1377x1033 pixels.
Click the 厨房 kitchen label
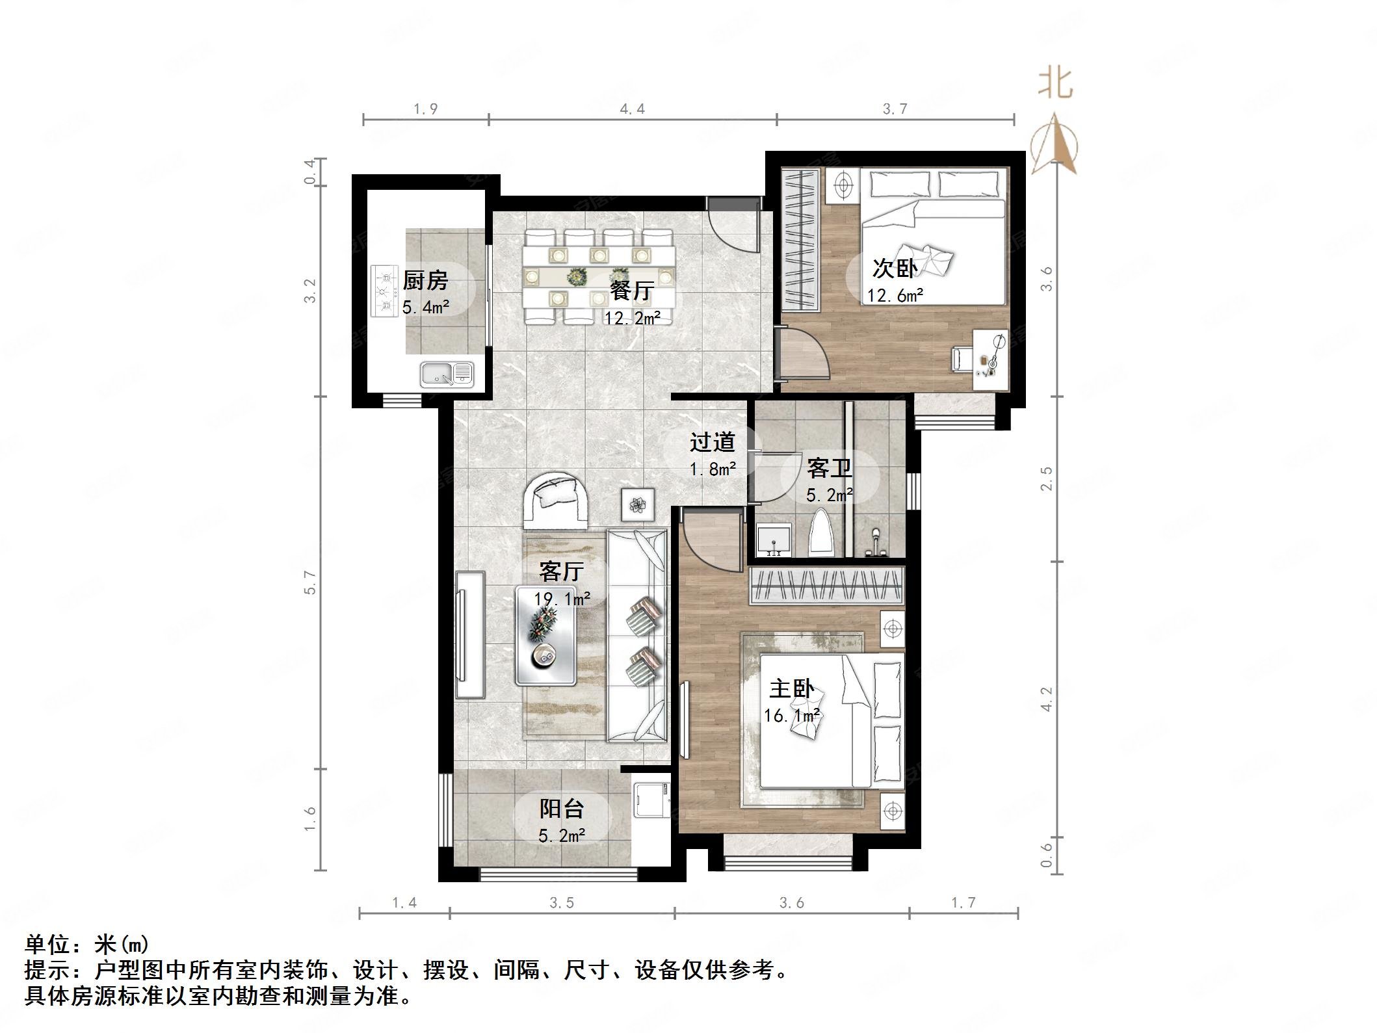tap(425, 281)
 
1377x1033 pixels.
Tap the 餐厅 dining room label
tap(631, 291)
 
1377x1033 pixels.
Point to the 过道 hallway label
tap(712, 443)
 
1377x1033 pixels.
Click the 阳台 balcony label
tap(562, 809)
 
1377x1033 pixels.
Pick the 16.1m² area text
tap(791, 716)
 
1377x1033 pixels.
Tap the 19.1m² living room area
tap(562, 599)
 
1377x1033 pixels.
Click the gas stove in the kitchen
tap(384, 291)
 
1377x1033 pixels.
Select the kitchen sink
tap(446, 374)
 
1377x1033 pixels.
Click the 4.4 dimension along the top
tap(632, 109)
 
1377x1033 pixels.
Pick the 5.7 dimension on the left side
tap(311, 582)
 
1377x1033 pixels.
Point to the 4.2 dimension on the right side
tap(1046, 700)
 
